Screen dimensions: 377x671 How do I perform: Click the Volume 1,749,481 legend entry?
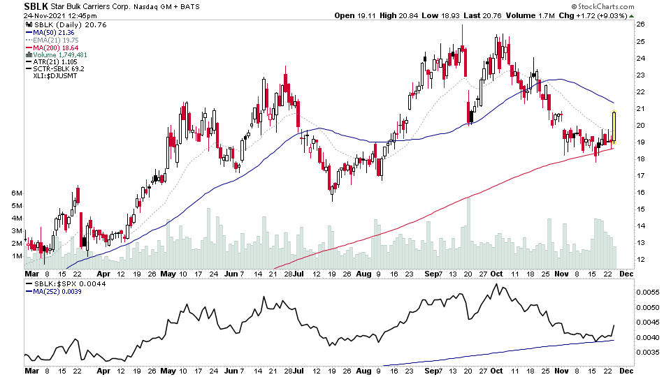(x=59, y=54)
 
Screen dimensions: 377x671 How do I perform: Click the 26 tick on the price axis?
(x=639, y=24)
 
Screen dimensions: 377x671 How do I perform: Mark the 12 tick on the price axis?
(x=639, y=260)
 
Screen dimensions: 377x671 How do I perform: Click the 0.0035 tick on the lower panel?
(x=647, y=353)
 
